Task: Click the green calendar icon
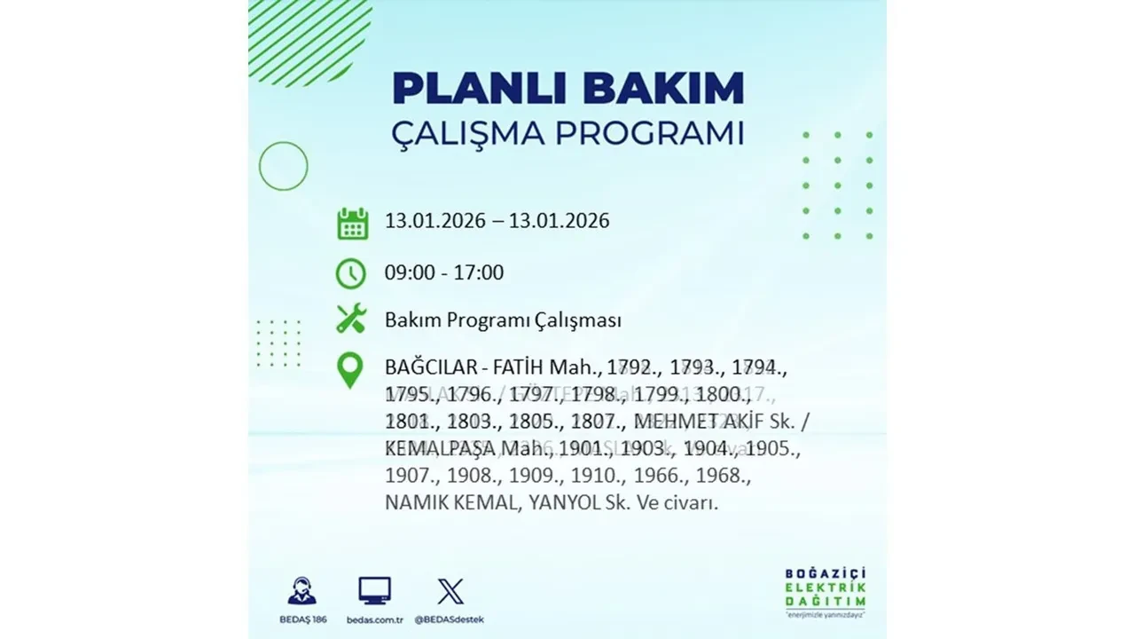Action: (x=352, y=223)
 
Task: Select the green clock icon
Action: (x=351, y=273)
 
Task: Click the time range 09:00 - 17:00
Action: (x=443, y=273)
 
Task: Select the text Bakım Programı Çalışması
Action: (x=503, y=320)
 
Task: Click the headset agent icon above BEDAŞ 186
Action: (x=301, y=591)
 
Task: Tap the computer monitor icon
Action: (x=374, y=590)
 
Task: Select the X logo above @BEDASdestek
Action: (x=450, y=591)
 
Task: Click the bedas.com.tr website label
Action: (x=374, y=619)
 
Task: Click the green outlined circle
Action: (x=283, y=166)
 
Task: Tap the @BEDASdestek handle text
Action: (x=450, y=619)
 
